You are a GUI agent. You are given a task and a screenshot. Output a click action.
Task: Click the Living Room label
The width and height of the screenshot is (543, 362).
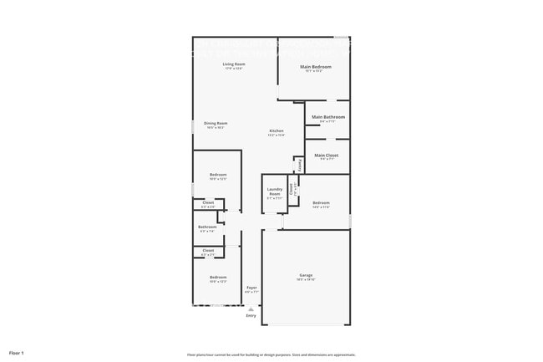tap(233, 64)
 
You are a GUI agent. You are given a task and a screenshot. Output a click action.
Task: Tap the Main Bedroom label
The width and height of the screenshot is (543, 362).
tap(316, 67)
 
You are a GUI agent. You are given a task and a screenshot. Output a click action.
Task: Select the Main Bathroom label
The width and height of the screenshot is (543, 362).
tap(328, 117)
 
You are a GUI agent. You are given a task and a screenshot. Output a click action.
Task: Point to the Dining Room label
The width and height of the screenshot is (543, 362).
tap(216, 123)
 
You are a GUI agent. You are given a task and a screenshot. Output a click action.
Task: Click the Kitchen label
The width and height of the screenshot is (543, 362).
tap(277, 131)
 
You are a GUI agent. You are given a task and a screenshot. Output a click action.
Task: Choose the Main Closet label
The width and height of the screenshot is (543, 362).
tap(327, 155)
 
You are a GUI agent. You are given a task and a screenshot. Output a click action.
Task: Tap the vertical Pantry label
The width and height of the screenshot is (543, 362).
tap(300, 164)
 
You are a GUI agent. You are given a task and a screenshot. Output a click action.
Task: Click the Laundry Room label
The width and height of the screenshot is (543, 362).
tap(274, 192)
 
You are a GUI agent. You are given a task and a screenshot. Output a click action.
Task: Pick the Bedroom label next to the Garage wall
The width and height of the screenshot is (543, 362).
tap(322, 203)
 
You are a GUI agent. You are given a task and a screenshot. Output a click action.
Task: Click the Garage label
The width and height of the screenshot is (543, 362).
tap(307, 275)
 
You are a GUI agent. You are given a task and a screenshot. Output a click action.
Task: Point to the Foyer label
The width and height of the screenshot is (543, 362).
tap(251, 288)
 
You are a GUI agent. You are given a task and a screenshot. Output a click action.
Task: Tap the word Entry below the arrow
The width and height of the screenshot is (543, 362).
tap(251, 315)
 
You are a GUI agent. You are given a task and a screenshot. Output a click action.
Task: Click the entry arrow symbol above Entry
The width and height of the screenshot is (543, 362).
tap(251, 308)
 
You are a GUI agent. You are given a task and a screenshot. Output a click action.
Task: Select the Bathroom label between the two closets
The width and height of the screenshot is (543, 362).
tap(207, 227)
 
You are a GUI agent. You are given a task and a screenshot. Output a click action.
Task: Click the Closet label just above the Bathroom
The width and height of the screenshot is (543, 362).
tap(208, 203)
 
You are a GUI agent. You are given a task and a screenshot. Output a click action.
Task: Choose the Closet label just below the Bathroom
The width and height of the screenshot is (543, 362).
tap(208, 251)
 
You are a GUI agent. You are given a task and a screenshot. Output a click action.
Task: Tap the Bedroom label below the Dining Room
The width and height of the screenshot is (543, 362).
tap(218, 175)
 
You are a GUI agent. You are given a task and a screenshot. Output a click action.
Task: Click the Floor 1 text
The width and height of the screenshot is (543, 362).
tap(17, 354)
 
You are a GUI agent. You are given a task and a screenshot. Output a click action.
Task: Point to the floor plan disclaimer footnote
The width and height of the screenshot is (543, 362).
tap(271, 355)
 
